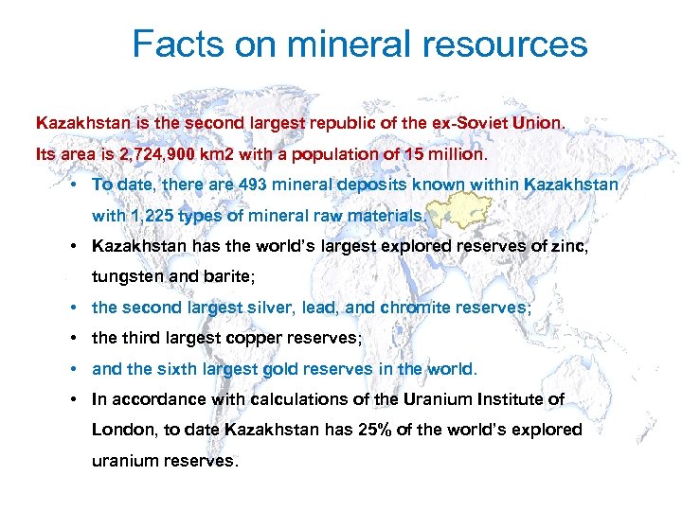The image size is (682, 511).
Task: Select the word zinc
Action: [x=598, y=246]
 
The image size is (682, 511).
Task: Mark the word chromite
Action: [x=416, y=308]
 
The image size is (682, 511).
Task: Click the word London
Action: [x=122, y=430]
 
